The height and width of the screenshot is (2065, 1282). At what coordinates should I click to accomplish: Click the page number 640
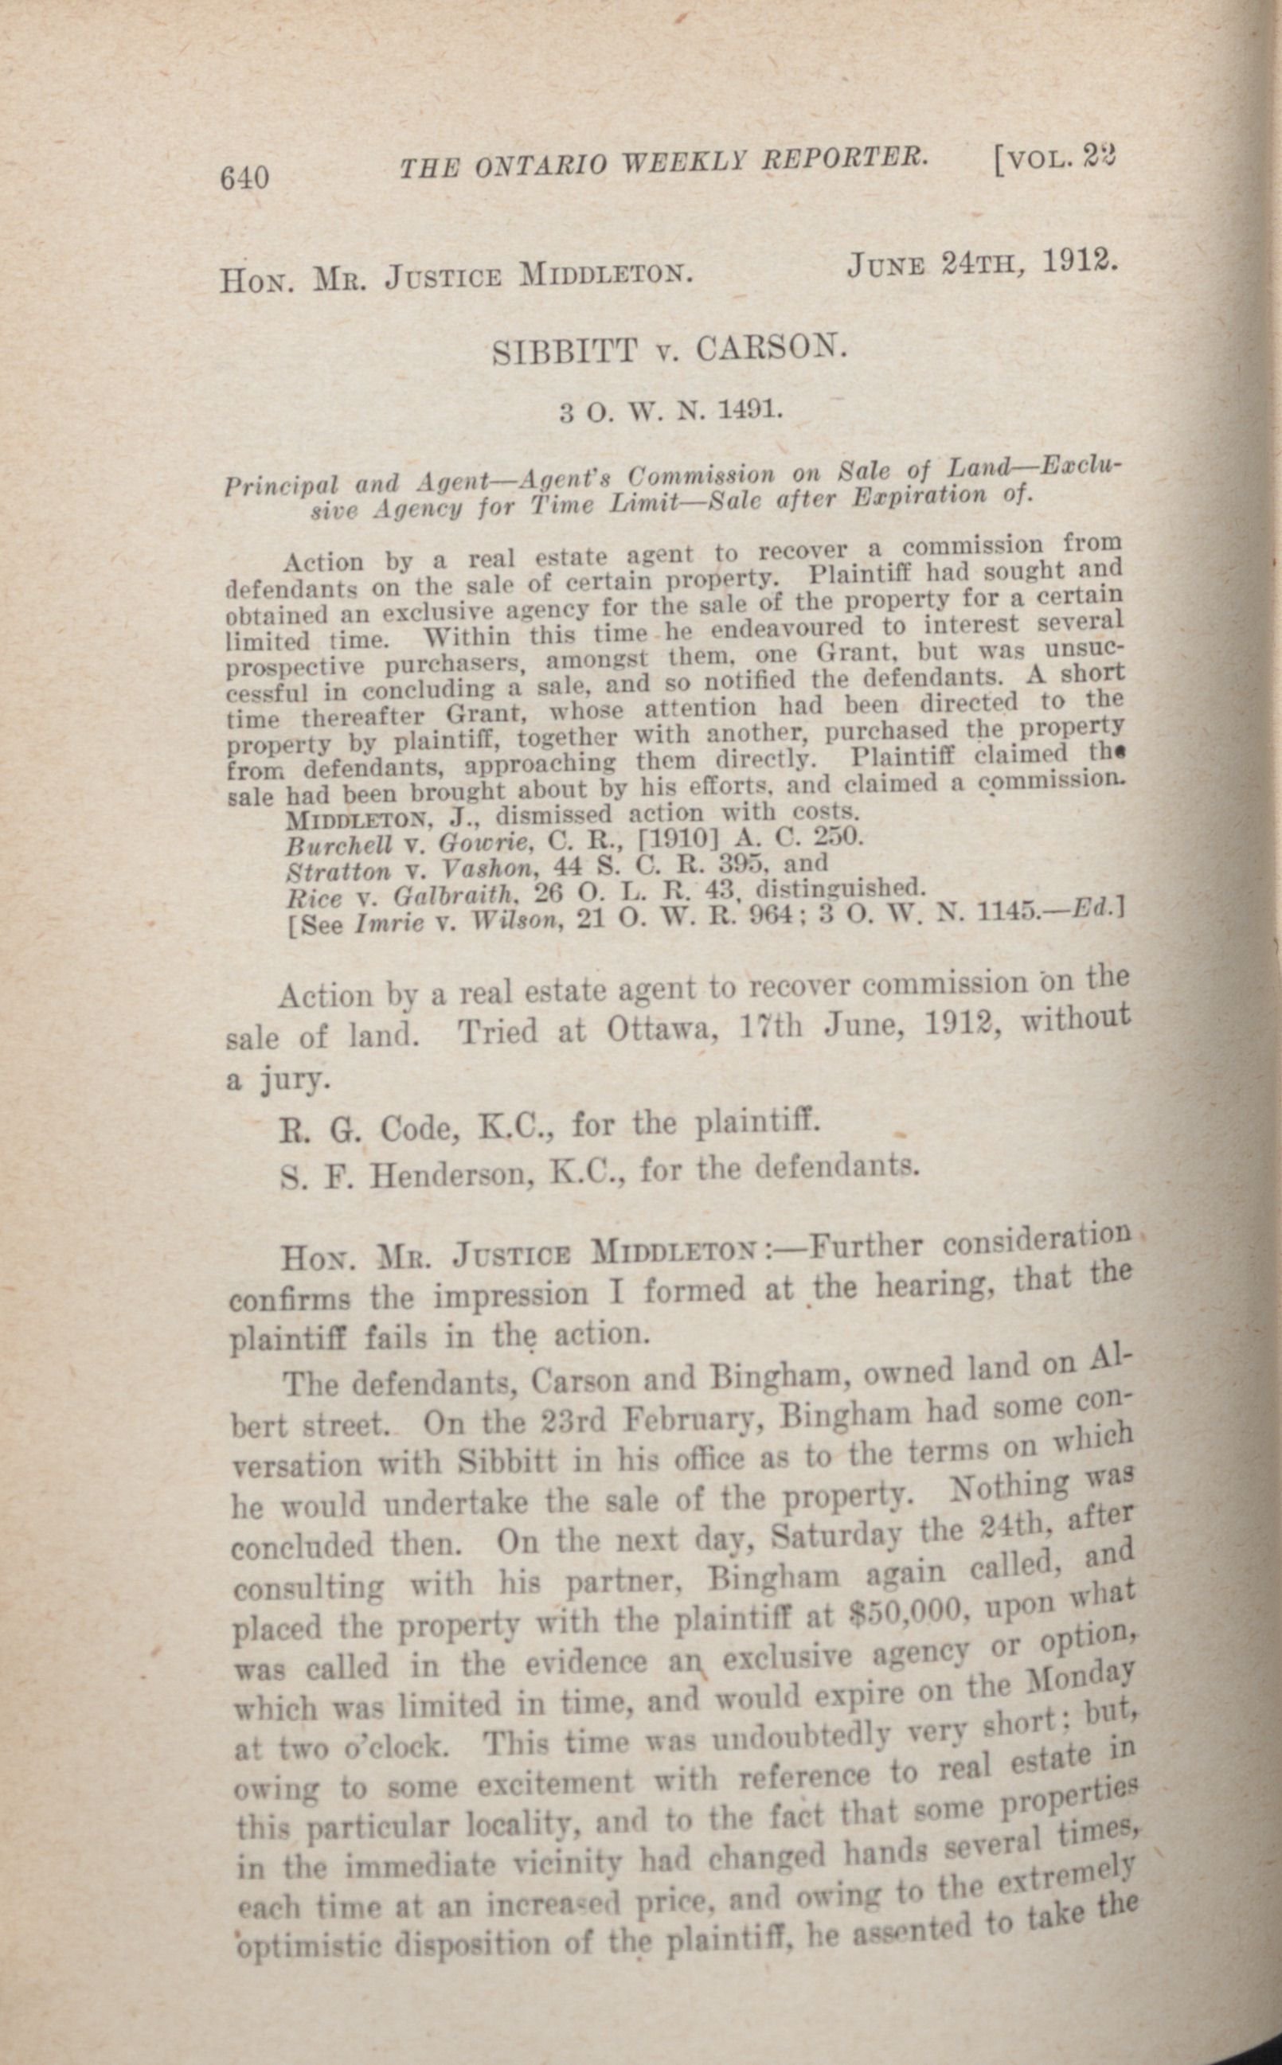pos(244,178)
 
